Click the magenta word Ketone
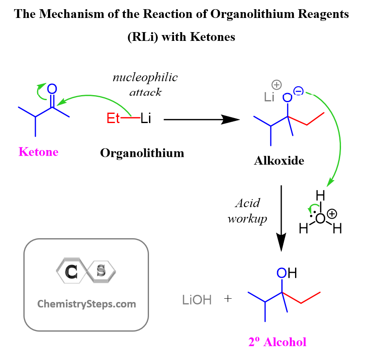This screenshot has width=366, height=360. click(x=38, y=152)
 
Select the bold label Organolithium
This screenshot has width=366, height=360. click(x=142, y=153)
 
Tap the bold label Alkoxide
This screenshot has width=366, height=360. click(x=279, y=161)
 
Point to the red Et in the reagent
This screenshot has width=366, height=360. click(x=113, y=118)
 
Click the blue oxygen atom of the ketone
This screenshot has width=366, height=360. click(x=52, y=89)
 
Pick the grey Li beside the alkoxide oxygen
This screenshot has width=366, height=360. click(x=269, y=97)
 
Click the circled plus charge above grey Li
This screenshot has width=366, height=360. click(x=277, y=85)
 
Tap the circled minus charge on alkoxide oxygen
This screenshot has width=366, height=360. click(x=298, y=91)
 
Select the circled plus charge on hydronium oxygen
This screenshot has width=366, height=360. click(x=332, y=214)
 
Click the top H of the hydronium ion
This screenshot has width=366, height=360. click(x=320, y=195)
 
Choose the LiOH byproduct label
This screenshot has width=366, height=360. click(x=197, y=300)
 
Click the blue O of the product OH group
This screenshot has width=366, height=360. click(x=282, y=273)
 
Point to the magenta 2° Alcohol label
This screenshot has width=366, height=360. click(x=277, y=342)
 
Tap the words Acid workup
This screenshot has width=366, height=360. click(x=247, y=211)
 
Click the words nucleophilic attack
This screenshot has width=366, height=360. click(x=145, y=85)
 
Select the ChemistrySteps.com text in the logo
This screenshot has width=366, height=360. click(x=87, y=304)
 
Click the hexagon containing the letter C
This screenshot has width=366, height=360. click(x=71, y=271)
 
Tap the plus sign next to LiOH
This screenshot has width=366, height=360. click(x=228, y=299)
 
